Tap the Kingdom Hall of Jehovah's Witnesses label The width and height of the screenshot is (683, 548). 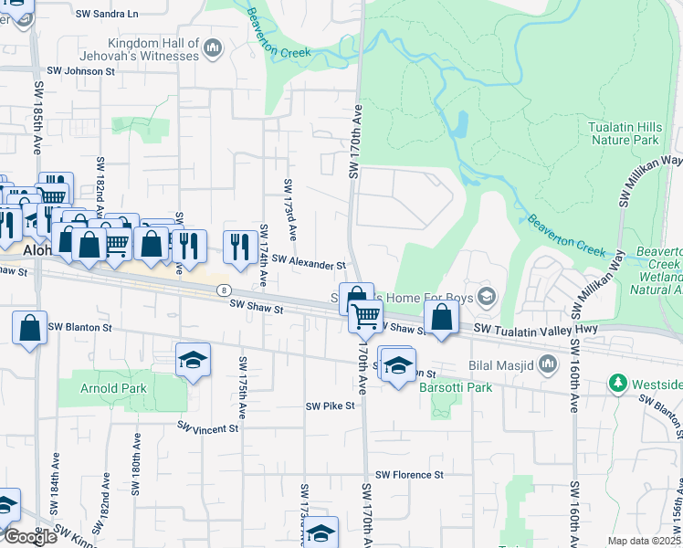tap(152, 49)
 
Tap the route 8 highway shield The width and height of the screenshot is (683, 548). tap(223, 290)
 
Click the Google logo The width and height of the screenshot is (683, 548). tap(29, 537)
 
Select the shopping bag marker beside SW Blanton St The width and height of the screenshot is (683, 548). tap(30, 327)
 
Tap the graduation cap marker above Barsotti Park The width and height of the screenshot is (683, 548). tap(397, 366)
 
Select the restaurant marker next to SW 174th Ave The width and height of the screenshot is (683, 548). tap(238, 244)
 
